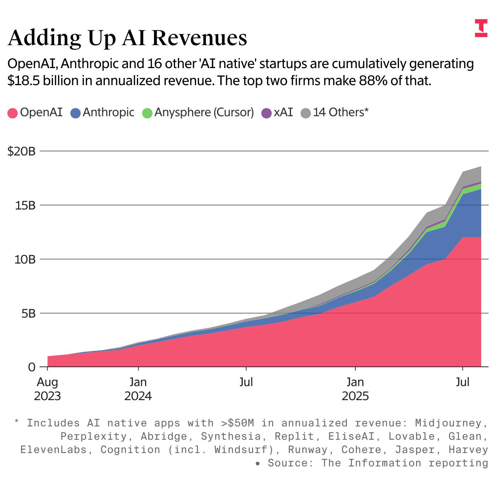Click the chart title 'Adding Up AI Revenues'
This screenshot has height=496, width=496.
[x=127, y=37]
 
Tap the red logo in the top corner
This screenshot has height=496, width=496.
[x=481, y=28]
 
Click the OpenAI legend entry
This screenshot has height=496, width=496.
[x=36, y=112]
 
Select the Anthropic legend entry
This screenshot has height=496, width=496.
[x=103, y=112]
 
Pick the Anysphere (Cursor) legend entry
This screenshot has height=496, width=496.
[x=198, y=112]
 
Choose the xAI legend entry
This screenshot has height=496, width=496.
[x=278, y=112]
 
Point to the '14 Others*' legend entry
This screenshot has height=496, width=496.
[x=335, y=112]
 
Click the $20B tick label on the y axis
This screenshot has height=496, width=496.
[x=21, y=151]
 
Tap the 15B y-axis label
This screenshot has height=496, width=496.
[x=25, y=205]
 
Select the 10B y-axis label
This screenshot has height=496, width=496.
[x=25, y=259]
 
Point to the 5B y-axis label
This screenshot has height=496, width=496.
[x=28, y=313]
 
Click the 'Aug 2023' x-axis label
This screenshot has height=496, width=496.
[x=47, y=389]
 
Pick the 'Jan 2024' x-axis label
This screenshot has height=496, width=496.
[x=138, y=389]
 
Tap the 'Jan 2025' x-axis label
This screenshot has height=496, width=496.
[x=355, y=389]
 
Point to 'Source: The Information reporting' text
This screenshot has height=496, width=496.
[x=378, y=463]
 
